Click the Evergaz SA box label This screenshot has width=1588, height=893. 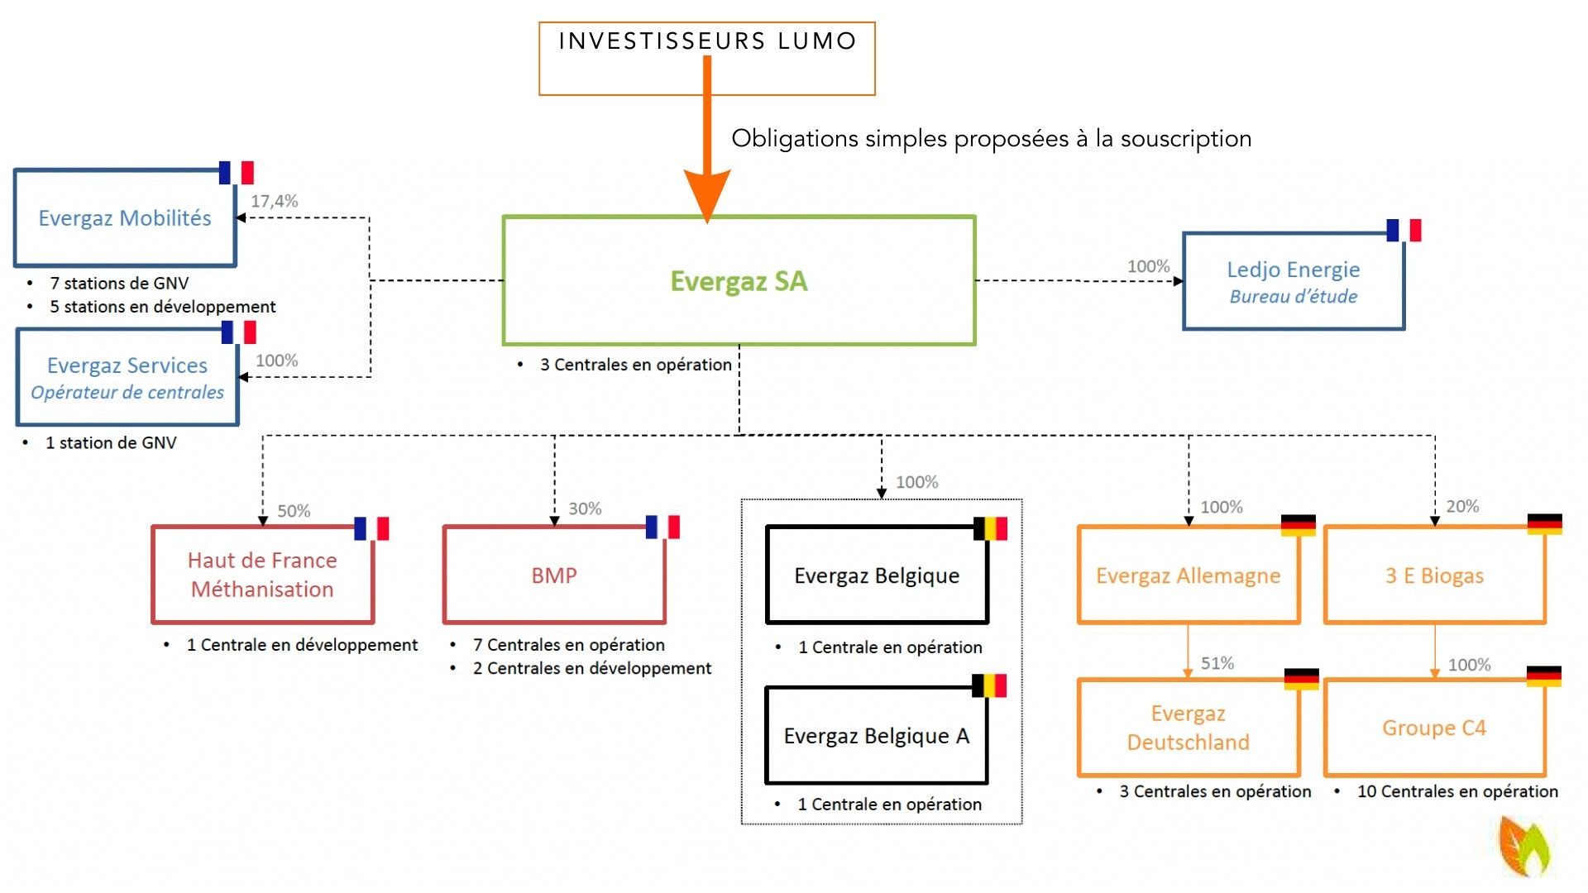[x=739, y=281]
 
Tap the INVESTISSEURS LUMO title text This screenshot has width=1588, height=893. [x=707, y=41]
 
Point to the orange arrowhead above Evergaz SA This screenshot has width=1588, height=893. [x=707, y=194]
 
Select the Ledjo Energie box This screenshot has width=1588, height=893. [x=1294, y=282]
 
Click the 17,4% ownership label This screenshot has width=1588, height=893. [x=275, y=201]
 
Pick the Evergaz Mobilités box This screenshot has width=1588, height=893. [x=125, y=218]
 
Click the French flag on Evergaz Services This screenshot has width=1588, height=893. [x=239, y=332]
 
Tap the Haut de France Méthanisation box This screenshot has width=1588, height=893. [x=262, y=575]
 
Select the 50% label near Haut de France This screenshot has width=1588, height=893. [x=294, y=511]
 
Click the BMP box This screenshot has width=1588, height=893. [x=554, y=575]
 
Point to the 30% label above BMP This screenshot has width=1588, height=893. [x=585, y=509]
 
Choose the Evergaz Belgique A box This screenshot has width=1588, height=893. [x=877, y=735]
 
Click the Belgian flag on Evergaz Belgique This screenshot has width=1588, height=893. [x=990, y=528]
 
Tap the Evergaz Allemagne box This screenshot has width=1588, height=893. [x=1188, y=575]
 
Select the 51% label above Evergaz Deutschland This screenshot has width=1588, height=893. [x=1217, y=663]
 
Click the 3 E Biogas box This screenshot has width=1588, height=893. [x=1434, y=575]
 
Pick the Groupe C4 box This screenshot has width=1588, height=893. [x=1434, y=728]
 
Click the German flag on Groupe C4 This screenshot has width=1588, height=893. [x=1543, y=676]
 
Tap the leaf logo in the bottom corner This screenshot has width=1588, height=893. [x=1527, y=846]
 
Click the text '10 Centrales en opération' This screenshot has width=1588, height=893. [x=1457, y=791]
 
